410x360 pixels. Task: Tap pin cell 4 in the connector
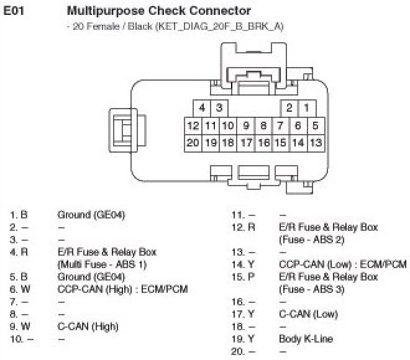[202, 108]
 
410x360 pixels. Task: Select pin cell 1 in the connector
[306, 108]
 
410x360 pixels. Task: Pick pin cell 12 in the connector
[193, 125]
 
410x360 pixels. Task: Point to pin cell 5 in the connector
[315, 125]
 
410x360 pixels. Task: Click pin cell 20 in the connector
[193, 143]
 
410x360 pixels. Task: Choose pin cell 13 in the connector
[315, 143]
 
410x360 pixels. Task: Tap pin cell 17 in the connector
[246, 143]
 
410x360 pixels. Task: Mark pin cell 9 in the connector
[246, 125]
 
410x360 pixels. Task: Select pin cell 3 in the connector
[219, 108]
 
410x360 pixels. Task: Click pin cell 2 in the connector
[289, 108]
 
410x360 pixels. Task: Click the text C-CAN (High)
[88, 326]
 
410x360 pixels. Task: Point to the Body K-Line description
[306, 339]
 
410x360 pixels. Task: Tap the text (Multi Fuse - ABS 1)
[102, 264]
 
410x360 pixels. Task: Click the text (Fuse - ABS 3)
[311, 289]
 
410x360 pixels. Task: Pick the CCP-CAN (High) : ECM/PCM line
[122, 289]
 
